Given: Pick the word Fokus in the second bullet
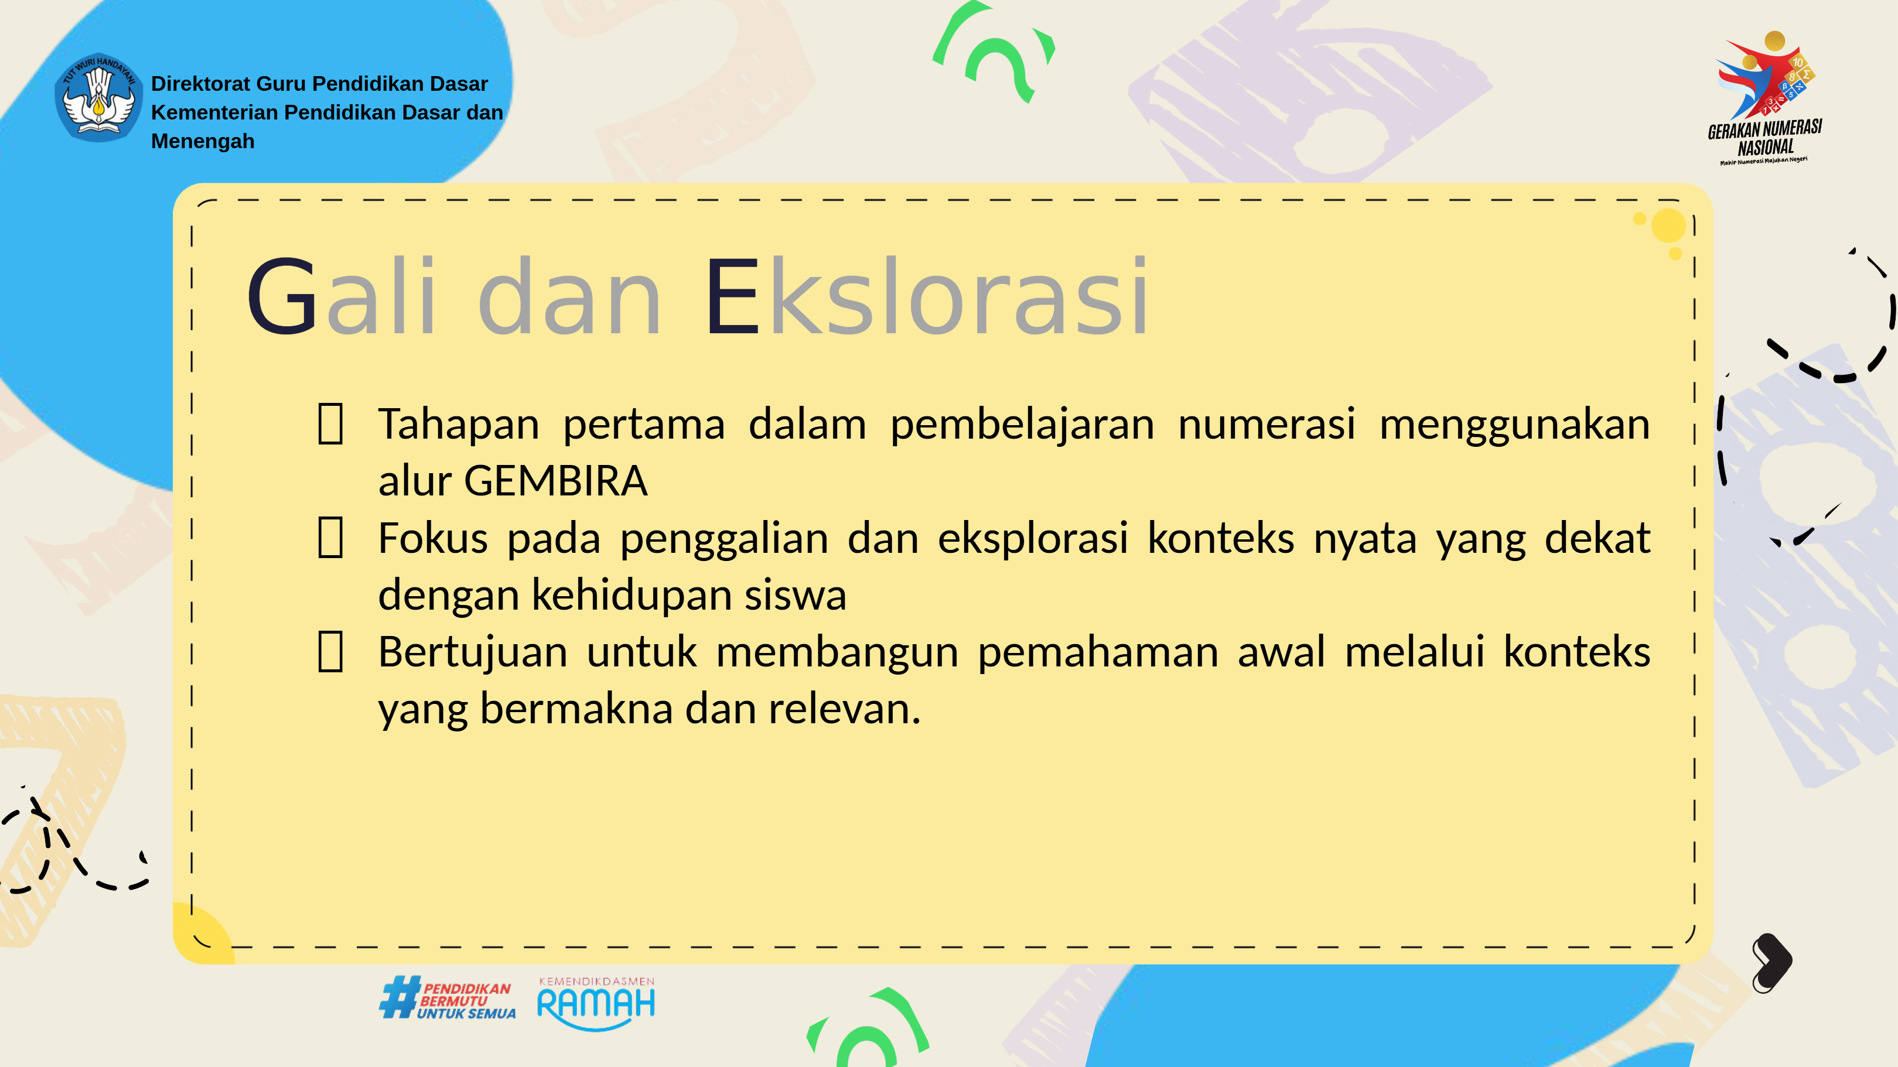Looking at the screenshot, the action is coord(432,538).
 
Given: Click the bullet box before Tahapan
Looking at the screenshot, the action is coord(330,424).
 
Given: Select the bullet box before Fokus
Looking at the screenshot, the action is coord(330,538).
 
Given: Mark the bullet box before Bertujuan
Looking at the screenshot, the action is coord(330,652).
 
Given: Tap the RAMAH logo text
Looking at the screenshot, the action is coord(596,1004).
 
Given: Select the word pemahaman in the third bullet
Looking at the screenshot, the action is coord(1098,653).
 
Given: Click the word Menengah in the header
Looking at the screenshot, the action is coord(203,141).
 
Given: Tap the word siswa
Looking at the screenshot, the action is coord(795,595).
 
